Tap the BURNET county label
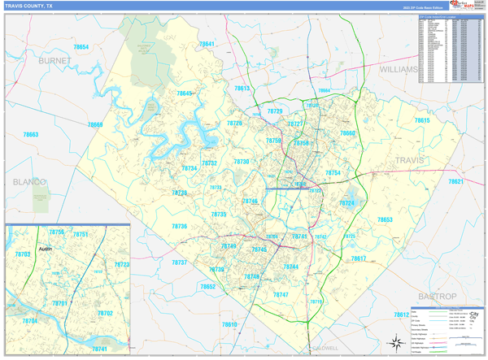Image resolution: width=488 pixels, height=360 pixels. tap(54, 61)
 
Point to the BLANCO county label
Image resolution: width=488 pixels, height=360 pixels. tap(28, 182)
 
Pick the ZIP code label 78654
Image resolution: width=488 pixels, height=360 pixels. tap(81, 48)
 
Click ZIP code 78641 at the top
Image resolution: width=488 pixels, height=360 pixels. tap(207, 44)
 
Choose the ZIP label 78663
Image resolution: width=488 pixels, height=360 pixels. tap(31, 134)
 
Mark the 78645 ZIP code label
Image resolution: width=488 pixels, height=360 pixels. tap(185, 94)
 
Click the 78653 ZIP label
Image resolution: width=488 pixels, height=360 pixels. tap(385, 219)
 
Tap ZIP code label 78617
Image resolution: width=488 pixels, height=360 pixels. tap(359, 258)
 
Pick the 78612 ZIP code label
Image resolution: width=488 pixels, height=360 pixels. tap(401, 314)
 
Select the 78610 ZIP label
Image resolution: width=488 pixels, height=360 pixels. tap(229, 324)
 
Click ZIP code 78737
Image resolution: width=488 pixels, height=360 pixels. tap(180, 262)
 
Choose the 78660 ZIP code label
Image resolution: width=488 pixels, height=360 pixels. tap(347, 132)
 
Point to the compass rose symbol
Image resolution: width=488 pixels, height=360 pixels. tap(398, 340)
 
